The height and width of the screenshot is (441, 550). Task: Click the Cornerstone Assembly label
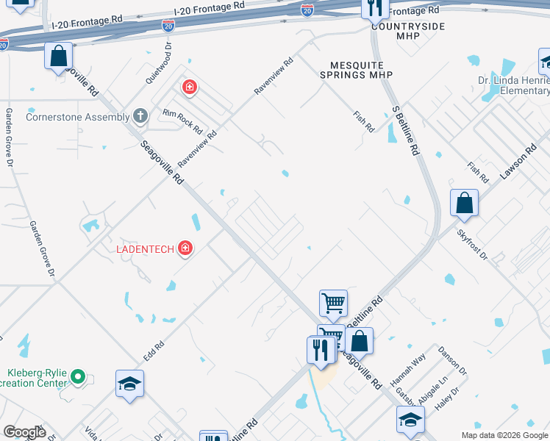(78, 116)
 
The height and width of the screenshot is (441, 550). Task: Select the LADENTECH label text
(145, 248)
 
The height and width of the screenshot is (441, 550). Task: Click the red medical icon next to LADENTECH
(185, 248)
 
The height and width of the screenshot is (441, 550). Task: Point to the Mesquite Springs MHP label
(357, 75)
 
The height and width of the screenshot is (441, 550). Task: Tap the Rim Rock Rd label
(182, 120)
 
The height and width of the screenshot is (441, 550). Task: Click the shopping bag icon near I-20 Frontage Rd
(58, 56)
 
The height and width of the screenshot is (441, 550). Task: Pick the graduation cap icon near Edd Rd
(129, 384)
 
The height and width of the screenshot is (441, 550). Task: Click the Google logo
(24, 432)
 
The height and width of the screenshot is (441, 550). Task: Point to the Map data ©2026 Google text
(504, 435)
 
